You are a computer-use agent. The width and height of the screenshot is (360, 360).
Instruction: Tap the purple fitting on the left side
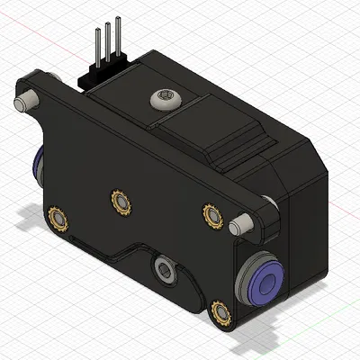[39, 165]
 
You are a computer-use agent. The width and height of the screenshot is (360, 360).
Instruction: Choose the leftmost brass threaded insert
[58, 218]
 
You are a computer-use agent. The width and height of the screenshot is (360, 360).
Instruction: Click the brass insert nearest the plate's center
[119, 202]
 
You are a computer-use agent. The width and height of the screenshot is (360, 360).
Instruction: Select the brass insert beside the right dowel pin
[212, 215]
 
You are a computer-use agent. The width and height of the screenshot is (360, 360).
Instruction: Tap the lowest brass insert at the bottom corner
[220, 313]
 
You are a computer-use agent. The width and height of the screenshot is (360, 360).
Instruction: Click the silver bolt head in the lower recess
[164, 266]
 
